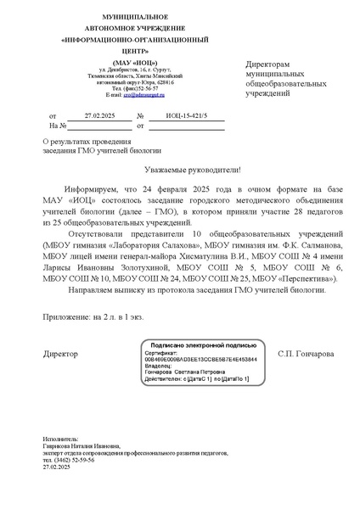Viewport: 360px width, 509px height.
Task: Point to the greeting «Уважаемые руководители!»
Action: pyautogui.click(x=180, y=169)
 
